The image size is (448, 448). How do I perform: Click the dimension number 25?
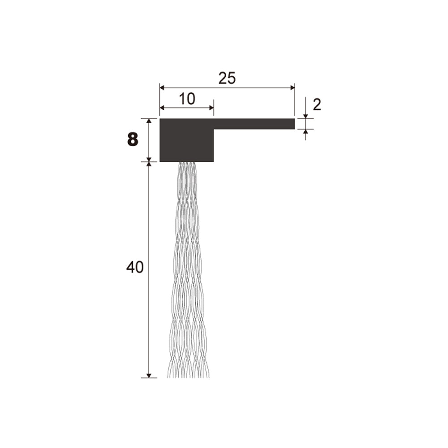[227, 78]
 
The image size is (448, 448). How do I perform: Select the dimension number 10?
[187, 99]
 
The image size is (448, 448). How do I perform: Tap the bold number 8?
[133, 140]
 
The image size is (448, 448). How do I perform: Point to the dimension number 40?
[135, 267]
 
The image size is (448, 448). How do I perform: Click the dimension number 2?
[317, 105]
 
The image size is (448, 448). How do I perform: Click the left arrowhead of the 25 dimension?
[162, 88]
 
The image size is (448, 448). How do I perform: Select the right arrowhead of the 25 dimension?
[292, 88]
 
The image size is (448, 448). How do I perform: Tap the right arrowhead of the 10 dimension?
[211, 108]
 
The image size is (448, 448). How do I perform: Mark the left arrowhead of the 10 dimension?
[162, 108]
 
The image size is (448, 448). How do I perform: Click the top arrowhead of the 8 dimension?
[149, 121]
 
